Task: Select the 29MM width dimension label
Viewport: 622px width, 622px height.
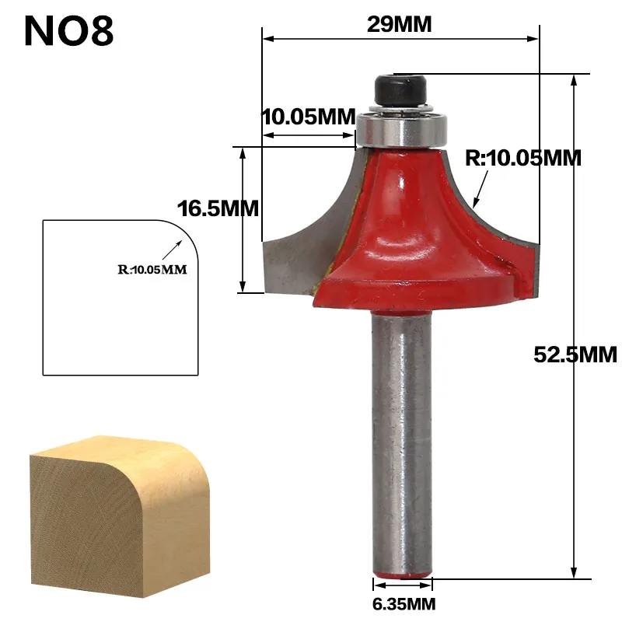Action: [400, 24]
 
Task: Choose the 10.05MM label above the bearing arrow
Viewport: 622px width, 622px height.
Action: [308, 117]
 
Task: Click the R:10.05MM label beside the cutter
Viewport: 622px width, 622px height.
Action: [523, 158]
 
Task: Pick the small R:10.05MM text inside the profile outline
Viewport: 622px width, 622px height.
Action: [153, 271]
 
